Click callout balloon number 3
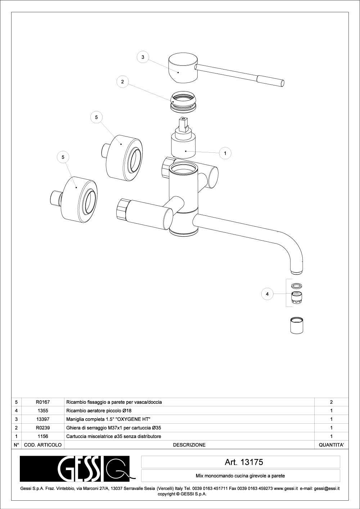tap(143, 57)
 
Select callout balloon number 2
tap(122, 82)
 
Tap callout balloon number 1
tap(225, 153)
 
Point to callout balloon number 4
tap(267, 294)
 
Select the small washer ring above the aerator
tap(296, 286)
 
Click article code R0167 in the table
tap(43, 402)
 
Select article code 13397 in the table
tap(43, 419)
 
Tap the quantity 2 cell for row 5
tap(331, 402)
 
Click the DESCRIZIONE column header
tap(189, 445)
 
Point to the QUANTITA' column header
tap(331, 445)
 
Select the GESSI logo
tap(77, 469)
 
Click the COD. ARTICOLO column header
tap(43, 445)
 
